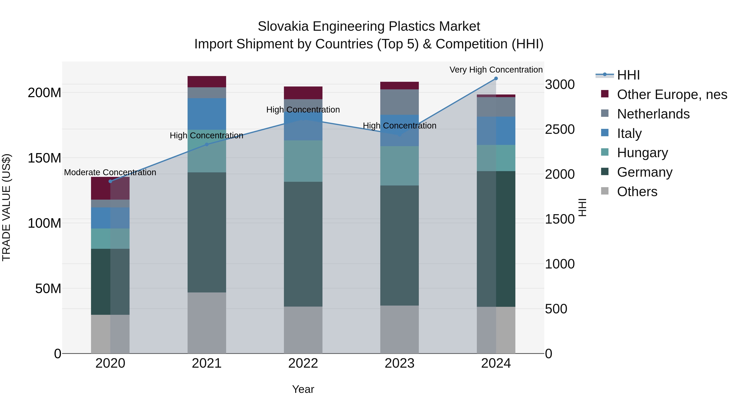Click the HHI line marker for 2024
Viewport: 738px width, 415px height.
(496, 78)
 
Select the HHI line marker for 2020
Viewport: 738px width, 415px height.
(110, 181)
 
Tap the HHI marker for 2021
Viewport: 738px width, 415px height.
(207, 145)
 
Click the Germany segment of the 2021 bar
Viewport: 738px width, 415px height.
(207, 232)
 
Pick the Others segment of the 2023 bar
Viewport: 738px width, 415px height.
(399, 329)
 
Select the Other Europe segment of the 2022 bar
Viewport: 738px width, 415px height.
(303, 93)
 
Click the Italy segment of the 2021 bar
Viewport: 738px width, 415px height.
(207, 114)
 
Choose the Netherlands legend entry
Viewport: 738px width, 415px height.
(653, 114)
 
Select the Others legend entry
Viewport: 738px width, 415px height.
(637, 192)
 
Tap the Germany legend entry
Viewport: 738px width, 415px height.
(645, 172)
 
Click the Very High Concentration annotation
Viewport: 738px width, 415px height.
(496, 70)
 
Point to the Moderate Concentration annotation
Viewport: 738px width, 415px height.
(110, 172)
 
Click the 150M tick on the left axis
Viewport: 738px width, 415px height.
(44, 158)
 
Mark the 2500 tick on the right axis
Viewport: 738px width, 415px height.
(559, 130)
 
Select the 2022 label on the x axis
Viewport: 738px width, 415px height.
(303, 363)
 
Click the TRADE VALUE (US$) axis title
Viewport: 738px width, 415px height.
(6, 207)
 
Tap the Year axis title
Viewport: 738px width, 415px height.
(303, 389)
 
